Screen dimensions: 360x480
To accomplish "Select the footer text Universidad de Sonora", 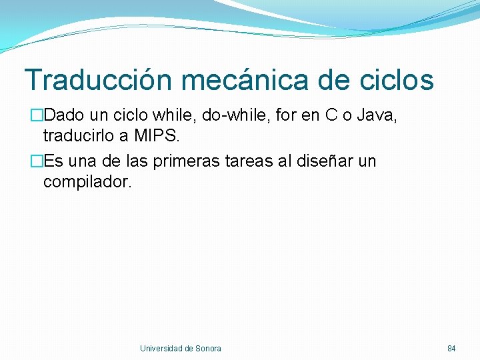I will point(181,349).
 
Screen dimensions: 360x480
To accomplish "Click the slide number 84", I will point(451,349).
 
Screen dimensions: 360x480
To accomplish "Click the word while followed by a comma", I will point(177,116).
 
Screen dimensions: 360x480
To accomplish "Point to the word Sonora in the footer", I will point(209,349).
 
